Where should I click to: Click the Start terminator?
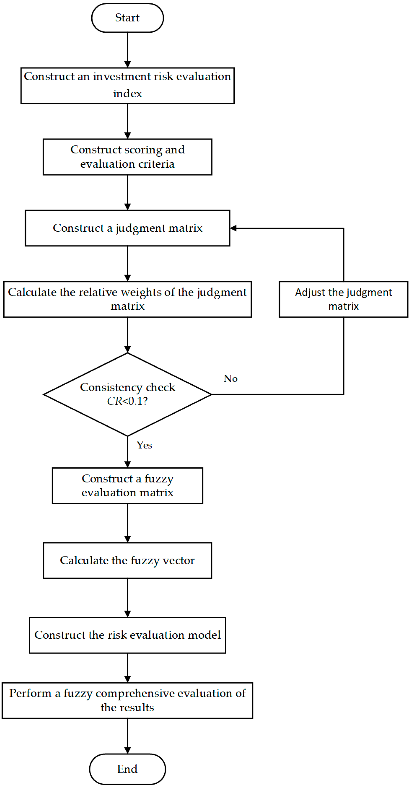point(127,18)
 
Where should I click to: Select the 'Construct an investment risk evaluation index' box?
point(127,85)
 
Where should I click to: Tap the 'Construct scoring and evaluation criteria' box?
point(127,157)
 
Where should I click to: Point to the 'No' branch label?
point(231,379)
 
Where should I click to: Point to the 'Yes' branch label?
point(144,445)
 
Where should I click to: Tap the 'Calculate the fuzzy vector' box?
point(127,560)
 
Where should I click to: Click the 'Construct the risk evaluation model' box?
point(127,635)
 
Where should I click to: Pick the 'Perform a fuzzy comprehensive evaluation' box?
point(127,700)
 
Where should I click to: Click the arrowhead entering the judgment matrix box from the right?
point(233,228)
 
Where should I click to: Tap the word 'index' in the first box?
point(127,93)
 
